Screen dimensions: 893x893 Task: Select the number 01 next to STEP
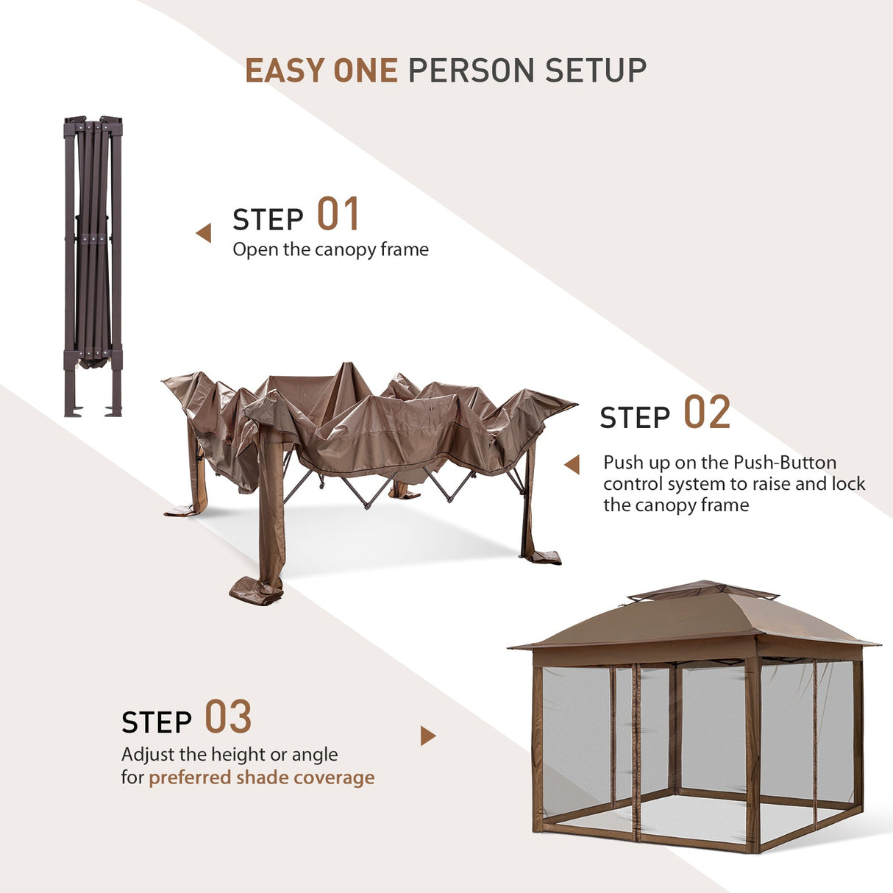click(x=338, y=215)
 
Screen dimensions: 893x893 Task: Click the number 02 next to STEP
click(x=706, y=413)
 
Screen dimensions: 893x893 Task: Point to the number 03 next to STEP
click(x=227, y=718)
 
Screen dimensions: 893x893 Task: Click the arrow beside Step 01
click(x=204, y=233)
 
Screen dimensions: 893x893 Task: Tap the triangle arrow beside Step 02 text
click(x=572, y=465)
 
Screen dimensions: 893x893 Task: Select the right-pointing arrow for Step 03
click(x=427, y=736)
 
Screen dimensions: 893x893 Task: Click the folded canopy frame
click(x=93, y=265)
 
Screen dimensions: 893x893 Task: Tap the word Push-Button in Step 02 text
click(x=785, y=463)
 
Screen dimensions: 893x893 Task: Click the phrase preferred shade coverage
click(x=261, y=778)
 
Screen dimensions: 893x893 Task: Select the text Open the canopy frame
click(x=330, y=250)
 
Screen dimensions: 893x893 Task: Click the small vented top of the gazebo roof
click(x=702, y=589)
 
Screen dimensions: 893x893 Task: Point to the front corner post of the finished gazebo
click(x=752, y=758)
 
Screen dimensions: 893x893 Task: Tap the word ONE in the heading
click(x=365, y=71)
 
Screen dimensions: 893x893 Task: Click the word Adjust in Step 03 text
click(x=148, y=755)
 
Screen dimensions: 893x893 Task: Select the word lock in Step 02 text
click(x=848, y=484)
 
